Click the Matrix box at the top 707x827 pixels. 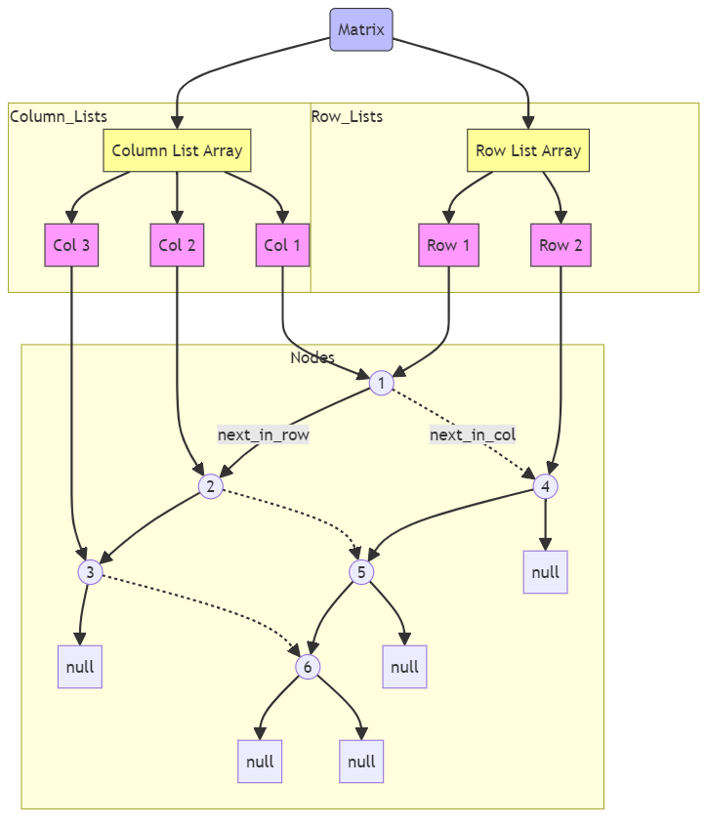click(x=361, y=29)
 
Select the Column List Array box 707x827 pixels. click(x=177, y=150)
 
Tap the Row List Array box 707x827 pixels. click(x=528, y=150)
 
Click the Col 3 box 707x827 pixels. click(x=71, y=245)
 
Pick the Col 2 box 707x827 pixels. click(x=177, y=245)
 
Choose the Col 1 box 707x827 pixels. click(x=282, y=245)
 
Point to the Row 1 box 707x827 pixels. click(x=449, y=245)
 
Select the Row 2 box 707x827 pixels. click(x=561, y=245)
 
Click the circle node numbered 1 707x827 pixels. click(x=381, y=384)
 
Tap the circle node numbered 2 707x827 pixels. click(x=210, y=486)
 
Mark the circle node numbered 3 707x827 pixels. click(x=90, y=572)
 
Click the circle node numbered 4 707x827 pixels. click(x=545, y=486)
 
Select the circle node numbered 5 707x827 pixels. click(x=361, y=572)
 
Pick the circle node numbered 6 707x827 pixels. click(x=308, y=667)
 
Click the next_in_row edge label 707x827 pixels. click(x=264, y=434)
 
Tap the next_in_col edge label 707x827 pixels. click(x=473, y=434)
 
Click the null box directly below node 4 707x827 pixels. click(x=545, y=572)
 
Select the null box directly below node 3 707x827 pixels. click(x=79, y=667)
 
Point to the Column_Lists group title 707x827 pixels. click(x=59, y=117)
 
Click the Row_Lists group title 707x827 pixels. click(x=347, y=117)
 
